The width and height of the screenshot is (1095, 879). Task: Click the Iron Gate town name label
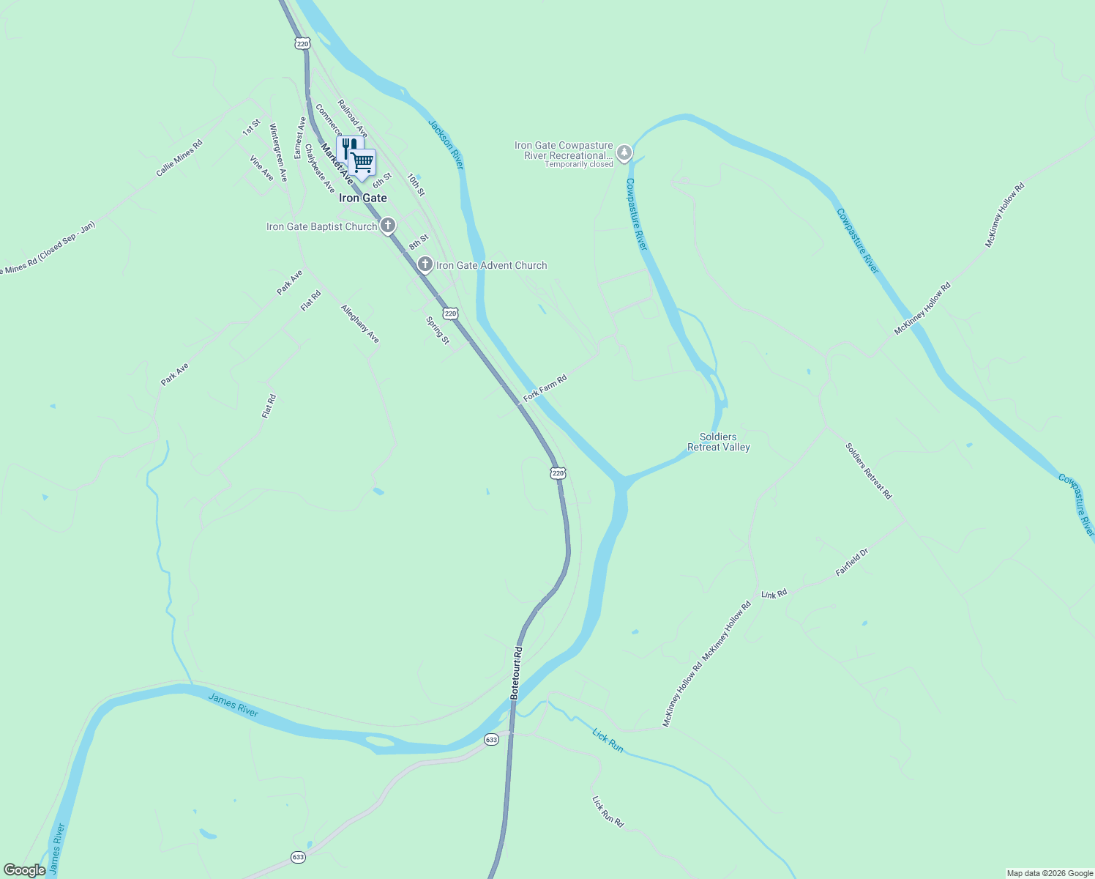click(x=362, y=198)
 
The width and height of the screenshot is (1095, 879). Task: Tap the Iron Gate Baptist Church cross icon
click(x=388, y=226)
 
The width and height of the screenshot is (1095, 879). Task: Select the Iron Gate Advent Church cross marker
click(x=425, y=264)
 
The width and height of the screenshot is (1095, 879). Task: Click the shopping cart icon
click(x=362, y=162)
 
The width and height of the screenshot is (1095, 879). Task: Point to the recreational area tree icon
click(x=624, y=153)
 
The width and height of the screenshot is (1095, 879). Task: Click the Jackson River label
click(x=446, y=144)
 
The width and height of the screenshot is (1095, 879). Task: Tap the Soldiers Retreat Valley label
click(x=719, y=442)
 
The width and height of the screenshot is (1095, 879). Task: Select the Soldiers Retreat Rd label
click(x=869, y=471)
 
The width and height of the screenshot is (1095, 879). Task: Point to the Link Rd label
click(x=774, y=594)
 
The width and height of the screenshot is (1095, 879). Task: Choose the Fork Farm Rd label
click(x=545, y=389)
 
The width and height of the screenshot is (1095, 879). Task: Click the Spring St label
click(x=438, y=330)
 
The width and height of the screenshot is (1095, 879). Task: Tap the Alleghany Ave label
click(x=360, y=324)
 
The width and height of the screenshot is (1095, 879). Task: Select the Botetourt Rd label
click(x=517, y=672)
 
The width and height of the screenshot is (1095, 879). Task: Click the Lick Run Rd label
click(x=608, y=812)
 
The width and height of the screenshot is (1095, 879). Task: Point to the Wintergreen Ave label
click(x=278, y=152)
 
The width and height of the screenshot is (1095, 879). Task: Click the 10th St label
click(x=416, y=185)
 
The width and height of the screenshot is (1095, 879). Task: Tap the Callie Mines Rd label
click(x=179, y=157)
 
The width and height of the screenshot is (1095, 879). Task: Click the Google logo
click(x=25, y=870)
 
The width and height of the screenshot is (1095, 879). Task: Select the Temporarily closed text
click(x=578, y=165)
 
